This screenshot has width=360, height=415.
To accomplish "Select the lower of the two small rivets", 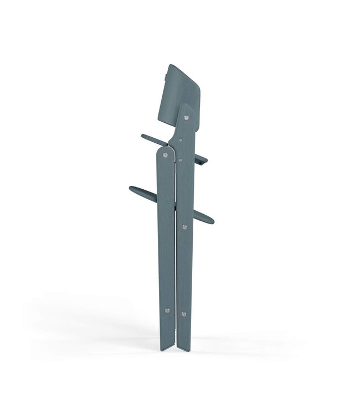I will [x=181, y=160].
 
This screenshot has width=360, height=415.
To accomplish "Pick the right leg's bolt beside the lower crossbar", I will [x=185, y=226].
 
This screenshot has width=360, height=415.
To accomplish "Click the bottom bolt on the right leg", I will [x=184, y=314].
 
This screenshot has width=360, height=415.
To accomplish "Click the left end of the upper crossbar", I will [x=143, y=136].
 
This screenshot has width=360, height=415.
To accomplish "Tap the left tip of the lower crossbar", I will [x=131, y=189].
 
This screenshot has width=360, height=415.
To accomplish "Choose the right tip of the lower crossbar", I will [x=212, y=221].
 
